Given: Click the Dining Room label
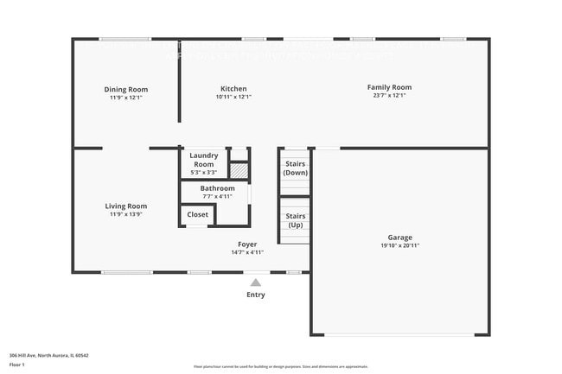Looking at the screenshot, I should [126, 89].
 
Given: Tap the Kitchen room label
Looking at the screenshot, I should [233, 89].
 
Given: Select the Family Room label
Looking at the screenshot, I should [389, 87].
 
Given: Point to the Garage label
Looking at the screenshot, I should [399, 238].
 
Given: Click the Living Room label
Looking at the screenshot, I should [126, 206].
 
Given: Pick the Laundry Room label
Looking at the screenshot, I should [204, 160].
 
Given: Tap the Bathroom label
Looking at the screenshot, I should [217, 188].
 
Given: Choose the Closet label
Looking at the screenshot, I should [198, 214].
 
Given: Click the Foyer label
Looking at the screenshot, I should [247, 244].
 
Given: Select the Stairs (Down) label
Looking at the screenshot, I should [296, 168].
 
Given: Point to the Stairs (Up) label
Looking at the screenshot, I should [296, 220].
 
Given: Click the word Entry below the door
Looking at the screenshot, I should [256, 295].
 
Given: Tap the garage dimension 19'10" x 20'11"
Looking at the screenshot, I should [399, 245].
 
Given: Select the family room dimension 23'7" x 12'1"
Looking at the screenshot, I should [389, 96].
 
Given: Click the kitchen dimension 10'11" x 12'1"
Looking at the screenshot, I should [233, 97].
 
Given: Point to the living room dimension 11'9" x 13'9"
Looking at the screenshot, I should [126, 214].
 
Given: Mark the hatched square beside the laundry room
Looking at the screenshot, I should [239, 170].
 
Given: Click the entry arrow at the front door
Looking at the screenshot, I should [256, 282].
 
